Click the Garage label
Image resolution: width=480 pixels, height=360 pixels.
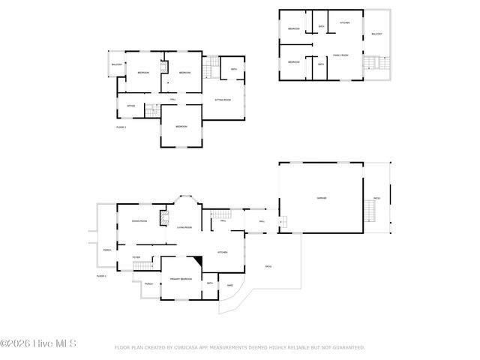[x=321, y=198]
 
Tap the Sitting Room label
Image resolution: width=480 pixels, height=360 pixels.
[x=223, y=100]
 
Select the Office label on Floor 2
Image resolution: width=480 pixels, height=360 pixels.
[x=130, y=106]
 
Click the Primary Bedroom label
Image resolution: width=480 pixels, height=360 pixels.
[x=181, y=279]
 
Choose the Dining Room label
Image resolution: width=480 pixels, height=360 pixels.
[x=139, y=221]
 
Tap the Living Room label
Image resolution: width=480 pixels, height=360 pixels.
[x=184, y=227]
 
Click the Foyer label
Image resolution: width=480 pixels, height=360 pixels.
[x=136, y=257]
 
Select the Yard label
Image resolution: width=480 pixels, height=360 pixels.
[x=229, y=285]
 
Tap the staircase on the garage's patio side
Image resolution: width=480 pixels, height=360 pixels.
[x=370, y=211]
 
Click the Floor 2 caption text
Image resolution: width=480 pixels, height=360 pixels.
[x=121, y=127]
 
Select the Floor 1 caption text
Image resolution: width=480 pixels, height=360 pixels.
[x=102, y=277]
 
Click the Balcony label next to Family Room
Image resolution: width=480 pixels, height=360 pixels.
[x=376, y=34]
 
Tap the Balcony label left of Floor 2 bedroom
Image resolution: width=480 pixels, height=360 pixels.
[x=117, y=64]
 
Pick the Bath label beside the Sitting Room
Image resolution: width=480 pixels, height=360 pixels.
[x=234, y=70]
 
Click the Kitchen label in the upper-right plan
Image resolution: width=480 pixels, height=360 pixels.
[x=344, y=23]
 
